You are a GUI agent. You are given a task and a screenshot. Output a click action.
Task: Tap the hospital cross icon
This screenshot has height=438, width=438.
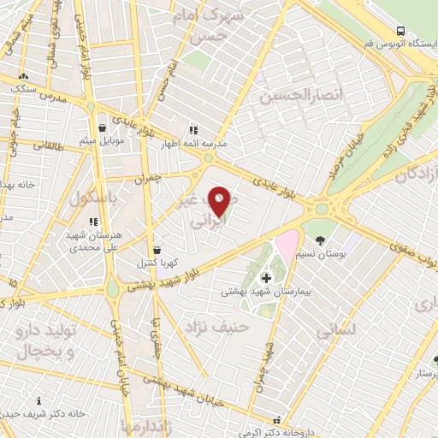(x=266, y=277)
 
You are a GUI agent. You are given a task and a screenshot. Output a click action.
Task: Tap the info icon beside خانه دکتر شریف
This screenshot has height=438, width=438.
(x=38, y=400)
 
